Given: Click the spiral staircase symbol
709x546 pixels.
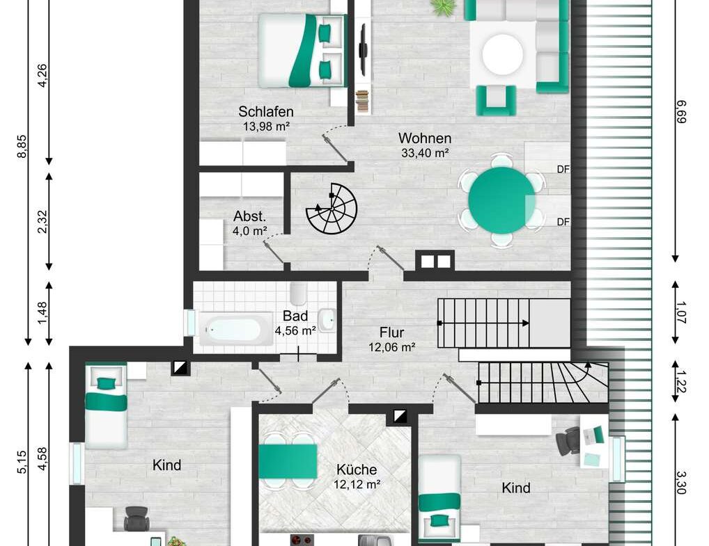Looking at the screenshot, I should pyautogui.click(x=332, y=208).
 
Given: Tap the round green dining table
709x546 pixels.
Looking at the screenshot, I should pyautogui.click(x=501, y=200).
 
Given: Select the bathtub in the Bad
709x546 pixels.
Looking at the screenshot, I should pyautogui.click(x=235, y=329).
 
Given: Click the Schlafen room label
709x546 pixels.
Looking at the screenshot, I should pyautogui.click(x=265, y=111).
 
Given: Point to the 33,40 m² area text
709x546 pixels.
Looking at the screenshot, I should pyautogui.click(x=425, y=154).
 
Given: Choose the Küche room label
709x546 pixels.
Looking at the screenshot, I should pyautogui.click(x=356, y=469).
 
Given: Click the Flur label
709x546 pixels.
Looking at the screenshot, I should pyautogui.click(x=391, y=332).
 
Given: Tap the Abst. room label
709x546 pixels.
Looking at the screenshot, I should pyautogui.click(x=249, y=216).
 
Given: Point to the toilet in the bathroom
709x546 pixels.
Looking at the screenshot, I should pyautogui.click(x=299, y=293).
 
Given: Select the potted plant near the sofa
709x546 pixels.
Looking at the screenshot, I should pyautogui.click(x=444, y=7).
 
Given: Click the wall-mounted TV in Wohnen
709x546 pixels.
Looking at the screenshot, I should pyautogui.click(x=363, y=49).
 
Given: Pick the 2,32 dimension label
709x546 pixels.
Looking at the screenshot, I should pyautogui.click(x=43, y=221).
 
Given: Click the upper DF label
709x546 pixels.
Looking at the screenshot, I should pyautogui.click(x=563, y=168).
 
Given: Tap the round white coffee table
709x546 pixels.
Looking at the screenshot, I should pyautogui.click(x=502, y=54).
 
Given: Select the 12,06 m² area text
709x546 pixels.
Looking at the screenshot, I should pyautogui.click(x=391, y=347).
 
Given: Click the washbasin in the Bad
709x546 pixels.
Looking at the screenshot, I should pyautogui.click(x=327, y=319).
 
